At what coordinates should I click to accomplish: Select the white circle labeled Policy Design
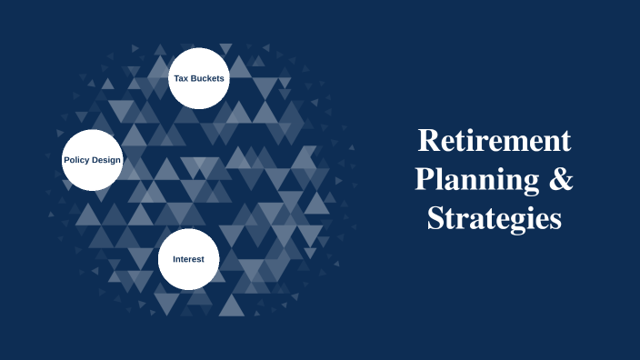pyautogui.click(x=92, y=160)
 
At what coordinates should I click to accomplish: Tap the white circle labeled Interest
pyautogui.click(x=189, y=258)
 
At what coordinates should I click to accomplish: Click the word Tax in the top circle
pyautogui.click(x=182, y=78)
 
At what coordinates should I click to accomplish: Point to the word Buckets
pyautogui.click(x=208, y=78)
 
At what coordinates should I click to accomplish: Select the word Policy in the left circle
pyautogui.click(x=76, y=160)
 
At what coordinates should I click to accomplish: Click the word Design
pyautogui.click(x=106, y=160)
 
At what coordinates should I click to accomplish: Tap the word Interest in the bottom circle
pyautogui.click(x=189, y=259)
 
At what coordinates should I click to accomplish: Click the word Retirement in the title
pyautogui.click(x=495, y=141)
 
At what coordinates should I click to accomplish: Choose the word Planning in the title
pyautogui.click(x=474, y=180)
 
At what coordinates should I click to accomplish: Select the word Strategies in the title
pyautogui.click(x=495, y=219)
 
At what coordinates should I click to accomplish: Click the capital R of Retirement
pyautogui.click(x=426, y=141)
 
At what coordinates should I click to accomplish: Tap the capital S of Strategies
pyautogui.click(x=435, y=218)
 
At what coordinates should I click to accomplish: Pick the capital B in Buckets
pyautogui.click(x=195, y=78)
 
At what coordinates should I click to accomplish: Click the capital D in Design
pyautogui.click(x=96, y=160)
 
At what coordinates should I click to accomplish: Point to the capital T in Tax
pyautogui.click(x=176, y=78)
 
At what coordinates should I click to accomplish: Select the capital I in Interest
pyautogui.click(x=175, y=259)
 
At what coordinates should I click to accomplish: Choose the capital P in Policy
pyautogui.click(x=65, y=160)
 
